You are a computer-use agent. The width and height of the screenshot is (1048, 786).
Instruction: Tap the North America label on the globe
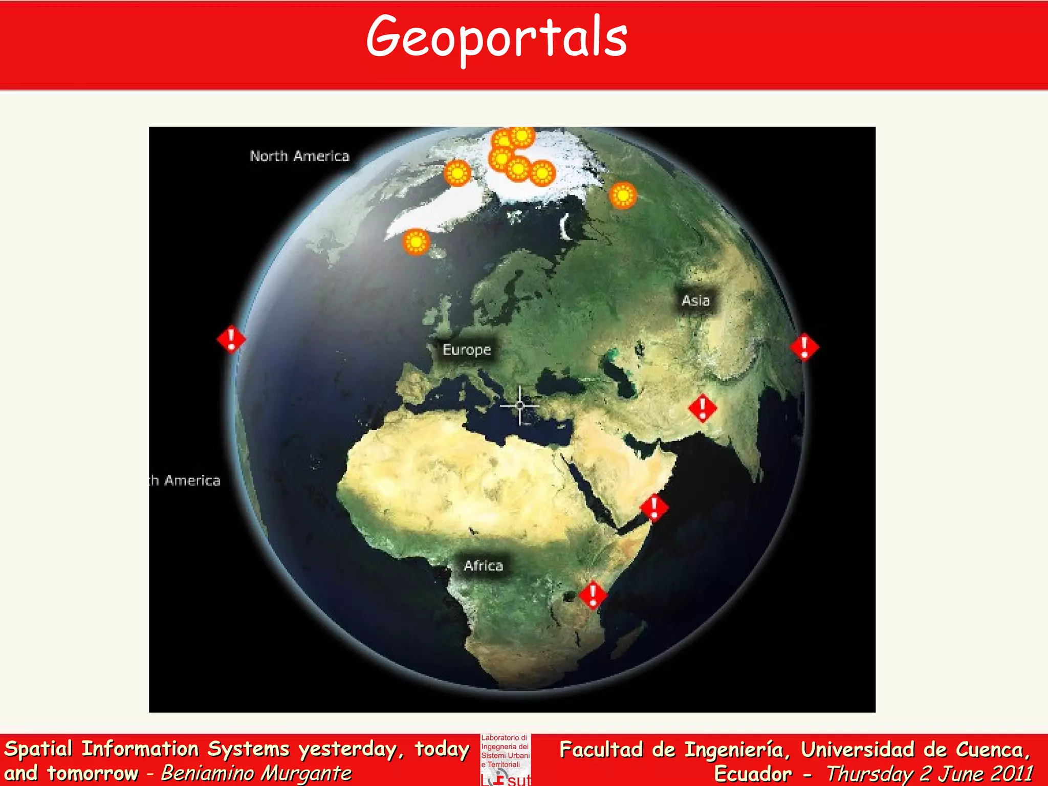pos(299,156)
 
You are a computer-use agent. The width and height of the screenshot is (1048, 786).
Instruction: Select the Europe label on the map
pos(466,350)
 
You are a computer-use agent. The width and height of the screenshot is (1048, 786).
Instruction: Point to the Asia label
pos(695,300)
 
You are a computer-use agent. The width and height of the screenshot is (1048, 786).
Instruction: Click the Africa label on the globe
pos(483,565)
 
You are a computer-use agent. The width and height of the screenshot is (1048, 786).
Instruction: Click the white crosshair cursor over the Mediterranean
pos(520,406)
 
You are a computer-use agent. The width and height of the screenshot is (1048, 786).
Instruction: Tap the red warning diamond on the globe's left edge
pos(231,339)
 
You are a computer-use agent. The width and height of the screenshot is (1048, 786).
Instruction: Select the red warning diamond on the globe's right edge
pos(804,347)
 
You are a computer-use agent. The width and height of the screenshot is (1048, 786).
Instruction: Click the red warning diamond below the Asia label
pos(703,408)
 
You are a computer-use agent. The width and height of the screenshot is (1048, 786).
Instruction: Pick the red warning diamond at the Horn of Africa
pos(653,508)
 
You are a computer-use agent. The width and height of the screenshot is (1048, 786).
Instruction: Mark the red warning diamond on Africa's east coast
pos(593,595)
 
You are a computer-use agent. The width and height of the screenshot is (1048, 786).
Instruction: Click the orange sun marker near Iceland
pos(416,242)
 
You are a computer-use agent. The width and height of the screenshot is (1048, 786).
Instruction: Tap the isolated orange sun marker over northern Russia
pos(623,195)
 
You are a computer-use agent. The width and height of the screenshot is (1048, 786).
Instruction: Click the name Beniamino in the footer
pos(206,773)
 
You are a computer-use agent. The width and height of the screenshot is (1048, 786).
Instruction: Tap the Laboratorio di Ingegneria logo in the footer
pos(506,759)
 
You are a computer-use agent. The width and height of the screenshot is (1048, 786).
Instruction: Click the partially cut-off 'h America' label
pos(185,481)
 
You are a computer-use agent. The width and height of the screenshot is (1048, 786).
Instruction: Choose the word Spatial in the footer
pos(38,749)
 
